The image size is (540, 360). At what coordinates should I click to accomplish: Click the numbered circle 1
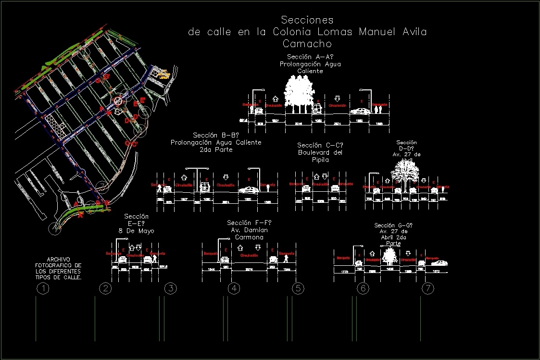(x=43, y=289)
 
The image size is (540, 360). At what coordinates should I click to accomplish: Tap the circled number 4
(x=234, y=289)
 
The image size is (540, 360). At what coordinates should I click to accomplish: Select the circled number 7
(x=428, y=289)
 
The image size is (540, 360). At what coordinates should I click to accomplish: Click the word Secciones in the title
(x=307, y=20)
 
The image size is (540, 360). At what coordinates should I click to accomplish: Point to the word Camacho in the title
(x=307, y=44)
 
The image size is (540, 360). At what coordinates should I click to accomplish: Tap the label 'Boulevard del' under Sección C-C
(x=320, y=153)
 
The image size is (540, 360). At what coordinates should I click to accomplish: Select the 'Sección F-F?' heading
(x=249, y=223)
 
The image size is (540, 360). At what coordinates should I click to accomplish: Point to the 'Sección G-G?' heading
(x=393, y=225)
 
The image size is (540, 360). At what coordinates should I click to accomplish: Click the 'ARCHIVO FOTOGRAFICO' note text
(x=58, y=268)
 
